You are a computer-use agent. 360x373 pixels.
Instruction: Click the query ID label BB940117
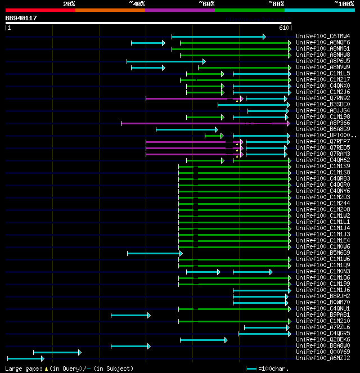[x=21, y=18]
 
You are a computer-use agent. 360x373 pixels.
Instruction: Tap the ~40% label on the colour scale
[x=137, y=4]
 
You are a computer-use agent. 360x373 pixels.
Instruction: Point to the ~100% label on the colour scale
[x=344, y=4]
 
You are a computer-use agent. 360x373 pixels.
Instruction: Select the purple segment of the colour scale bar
[x=180, y=10]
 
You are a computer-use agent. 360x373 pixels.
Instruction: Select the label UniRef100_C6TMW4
[x=323, y=37]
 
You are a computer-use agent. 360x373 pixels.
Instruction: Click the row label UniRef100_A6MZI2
[x=323, y=358]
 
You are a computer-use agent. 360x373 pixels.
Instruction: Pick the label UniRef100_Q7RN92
[x=323, y=98]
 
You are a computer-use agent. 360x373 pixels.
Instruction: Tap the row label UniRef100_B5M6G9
[x=323, y=253]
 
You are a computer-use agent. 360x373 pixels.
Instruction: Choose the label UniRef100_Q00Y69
[x=323, y=352]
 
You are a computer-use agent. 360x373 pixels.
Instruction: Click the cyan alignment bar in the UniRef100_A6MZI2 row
[x=25, y=358]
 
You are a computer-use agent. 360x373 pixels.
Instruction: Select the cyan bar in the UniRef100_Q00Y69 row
[x=56, y=352]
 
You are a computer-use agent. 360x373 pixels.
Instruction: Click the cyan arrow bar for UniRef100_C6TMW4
[x=218, y=37]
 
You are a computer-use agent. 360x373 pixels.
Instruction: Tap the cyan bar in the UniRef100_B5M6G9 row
[x=154, y=253]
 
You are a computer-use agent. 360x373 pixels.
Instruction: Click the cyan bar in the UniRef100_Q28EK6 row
[x=203, y=340]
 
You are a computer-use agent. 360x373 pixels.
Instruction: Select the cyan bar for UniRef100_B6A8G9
[x=178, y=129]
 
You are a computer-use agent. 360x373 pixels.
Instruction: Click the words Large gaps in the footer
[x=18, y=368]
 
